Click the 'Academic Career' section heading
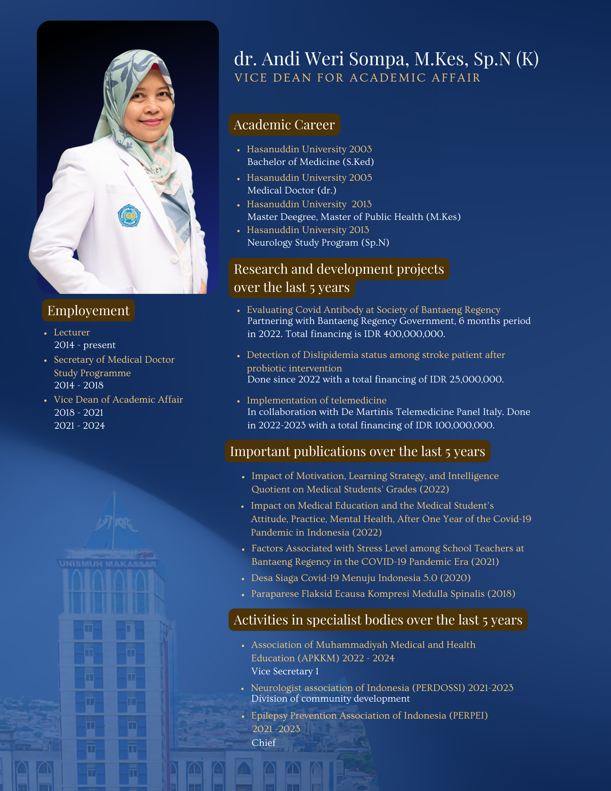point(284,125)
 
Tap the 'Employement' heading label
point(88,310)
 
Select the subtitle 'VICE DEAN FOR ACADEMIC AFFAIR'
point(358,78)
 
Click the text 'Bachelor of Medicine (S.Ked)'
point(310,162)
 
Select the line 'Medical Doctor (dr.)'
point(291,190)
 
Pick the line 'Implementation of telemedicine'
point(316,400)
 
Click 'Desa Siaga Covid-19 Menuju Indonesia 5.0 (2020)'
point(361,578)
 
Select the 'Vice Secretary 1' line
point(285,671)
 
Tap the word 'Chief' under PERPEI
point(263,743)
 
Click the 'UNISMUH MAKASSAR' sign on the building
point(108,564)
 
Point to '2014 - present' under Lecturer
point(85,345)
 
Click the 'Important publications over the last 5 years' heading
point(357,451)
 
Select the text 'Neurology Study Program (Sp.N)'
point(318,242)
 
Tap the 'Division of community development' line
point(330,698)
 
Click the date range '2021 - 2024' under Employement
point(79,426)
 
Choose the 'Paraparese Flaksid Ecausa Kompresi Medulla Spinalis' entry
point(383,594)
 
